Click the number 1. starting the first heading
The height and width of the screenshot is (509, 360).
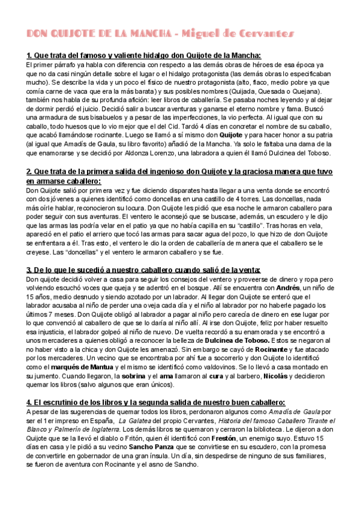[x=30, y=55]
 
